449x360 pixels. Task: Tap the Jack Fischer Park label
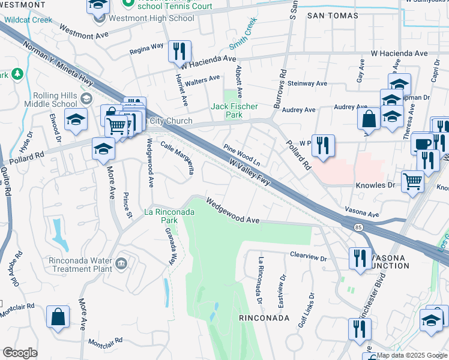pyautogui.click(x=234, y=107)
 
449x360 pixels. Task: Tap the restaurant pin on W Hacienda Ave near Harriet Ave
pyautogui.click(x=179, y=53)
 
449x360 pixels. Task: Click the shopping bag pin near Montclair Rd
pyautogui.click(x=58, y=318)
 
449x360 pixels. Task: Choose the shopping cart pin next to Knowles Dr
pyautogui.click(x=412, y=181)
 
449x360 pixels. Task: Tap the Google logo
pyautogui.click(x=20, y=353)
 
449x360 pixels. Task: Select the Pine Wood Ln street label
pyautogui.click(x=242, y=155)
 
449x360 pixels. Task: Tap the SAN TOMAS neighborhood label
pyautogui.click(x=333, y=15)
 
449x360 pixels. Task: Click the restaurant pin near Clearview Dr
pyautogui.click(x=360, y=259)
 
